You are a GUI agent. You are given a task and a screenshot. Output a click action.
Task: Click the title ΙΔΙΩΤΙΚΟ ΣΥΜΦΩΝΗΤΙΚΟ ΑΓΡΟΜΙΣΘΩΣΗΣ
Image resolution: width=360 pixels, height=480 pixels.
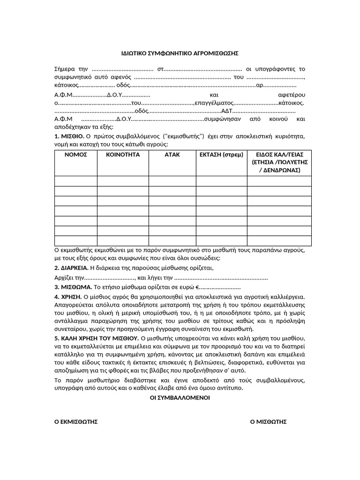(x=177, y=53)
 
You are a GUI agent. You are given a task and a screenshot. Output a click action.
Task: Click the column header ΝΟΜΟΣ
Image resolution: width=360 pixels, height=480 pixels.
(x=75, y=154)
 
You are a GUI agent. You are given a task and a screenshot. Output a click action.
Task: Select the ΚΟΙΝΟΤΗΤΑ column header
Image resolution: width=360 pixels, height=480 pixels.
(x=122, y=154)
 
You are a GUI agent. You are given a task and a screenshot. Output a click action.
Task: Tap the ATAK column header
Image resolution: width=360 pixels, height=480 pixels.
(x=172, y=154)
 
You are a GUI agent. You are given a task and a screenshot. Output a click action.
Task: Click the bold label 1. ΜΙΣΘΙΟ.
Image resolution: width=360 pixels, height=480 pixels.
(x=69, y=136)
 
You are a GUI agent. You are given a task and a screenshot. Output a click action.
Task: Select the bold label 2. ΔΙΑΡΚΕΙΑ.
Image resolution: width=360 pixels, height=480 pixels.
(x=71, y=268)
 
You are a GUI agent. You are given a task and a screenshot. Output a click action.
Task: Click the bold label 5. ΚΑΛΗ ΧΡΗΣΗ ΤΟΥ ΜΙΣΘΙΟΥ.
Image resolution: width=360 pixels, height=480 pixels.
(x=96, y=338)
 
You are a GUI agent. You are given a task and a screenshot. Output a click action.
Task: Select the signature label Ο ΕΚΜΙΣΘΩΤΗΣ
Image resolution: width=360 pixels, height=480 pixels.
(x=76, y=422)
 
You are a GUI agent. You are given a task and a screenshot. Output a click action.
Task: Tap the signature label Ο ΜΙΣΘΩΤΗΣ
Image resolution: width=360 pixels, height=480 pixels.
(x=268, y=422)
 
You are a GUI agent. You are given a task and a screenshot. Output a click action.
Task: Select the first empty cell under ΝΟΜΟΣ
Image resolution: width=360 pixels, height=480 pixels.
(x=75, y=181)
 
